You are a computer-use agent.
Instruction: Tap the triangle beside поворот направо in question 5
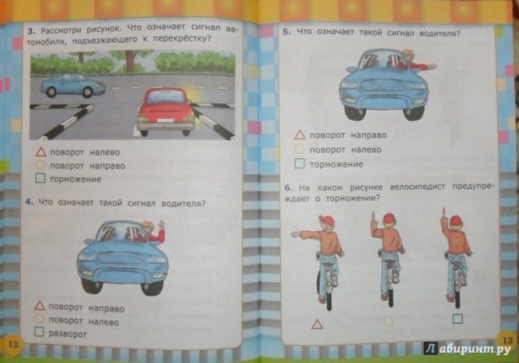(x=299, y=136)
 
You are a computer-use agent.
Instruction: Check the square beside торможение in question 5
(x=299, y=163)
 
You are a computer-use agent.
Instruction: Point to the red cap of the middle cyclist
(x=387, y=218)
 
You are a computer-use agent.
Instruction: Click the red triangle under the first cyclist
(x=317, y=322)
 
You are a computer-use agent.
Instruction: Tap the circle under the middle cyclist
(x=387, y=321)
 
